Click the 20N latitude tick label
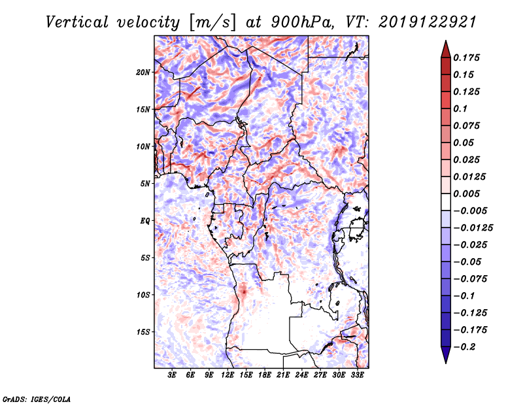[143, 72]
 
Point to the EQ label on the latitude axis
[145, 220]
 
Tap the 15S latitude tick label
[143, 331]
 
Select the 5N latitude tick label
[145, 184]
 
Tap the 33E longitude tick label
[358, 375]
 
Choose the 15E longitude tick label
[246, 375]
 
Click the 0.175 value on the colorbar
[468, 58]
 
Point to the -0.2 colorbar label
[466, 346]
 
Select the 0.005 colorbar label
[468, 194]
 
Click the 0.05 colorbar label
[464, 143]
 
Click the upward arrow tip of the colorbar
[445, 42]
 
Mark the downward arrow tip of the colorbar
[445, 362]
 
